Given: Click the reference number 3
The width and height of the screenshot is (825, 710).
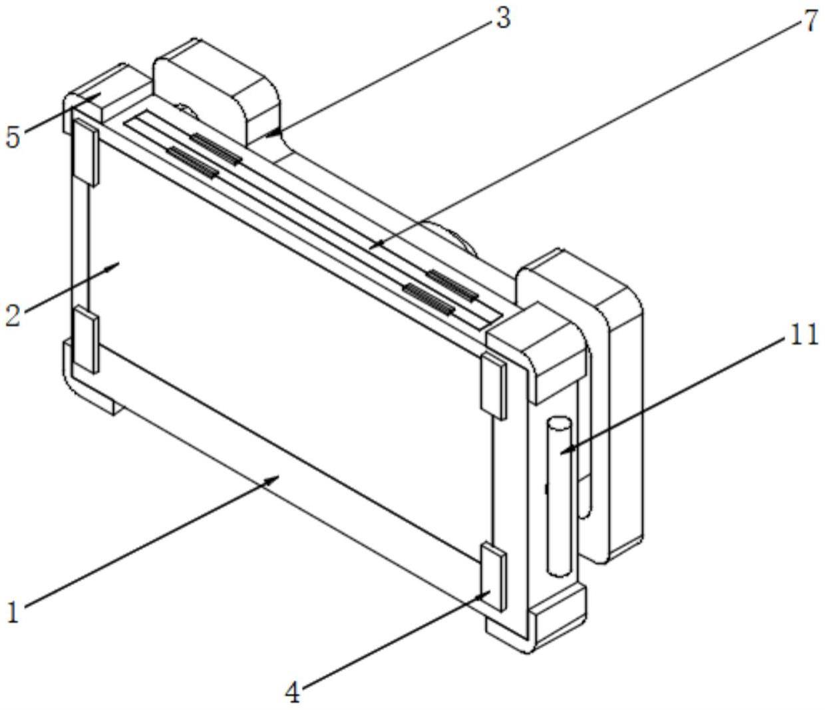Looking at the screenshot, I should (x=503, y=18).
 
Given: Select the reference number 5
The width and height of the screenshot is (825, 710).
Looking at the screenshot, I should (x=13, y=137).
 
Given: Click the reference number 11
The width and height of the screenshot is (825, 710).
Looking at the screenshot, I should (x=804, y=334).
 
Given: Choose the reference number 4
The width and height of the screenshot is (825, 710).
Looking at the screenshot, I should (x=293, y=693).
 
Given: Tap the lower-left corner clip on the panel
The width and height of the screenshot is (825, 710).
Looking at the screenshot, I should (x=86, y=338).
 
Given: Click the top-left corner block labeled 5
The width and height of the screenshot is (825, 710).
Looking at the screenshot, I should (x=100, y=93).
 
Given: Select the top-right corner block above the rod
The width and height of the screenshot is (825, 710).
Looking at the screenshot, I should (x=539, y=349).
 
